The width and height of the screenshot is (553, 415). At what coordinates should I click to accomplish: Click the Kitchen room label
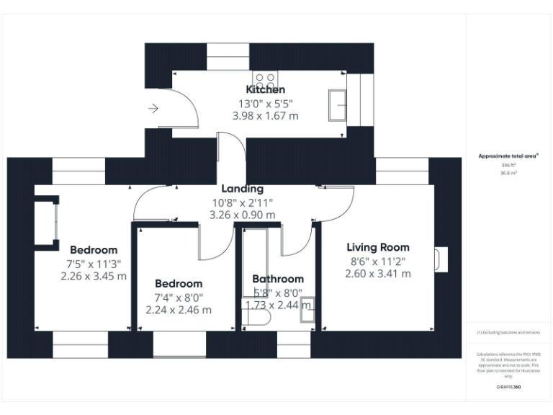tap(266, 89)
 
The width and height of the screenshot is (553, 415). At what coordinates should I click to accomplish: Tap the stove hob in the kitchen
tap(264, 79)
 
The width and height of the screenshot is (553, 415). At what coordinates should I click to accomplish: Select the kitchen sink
tap(338, 105)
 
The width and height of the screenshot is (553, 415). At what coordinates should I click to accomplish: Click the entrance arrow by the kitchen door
tap(153, 109)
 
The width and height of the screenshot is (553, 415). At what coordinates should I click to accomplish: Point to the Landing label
tap(242, 189)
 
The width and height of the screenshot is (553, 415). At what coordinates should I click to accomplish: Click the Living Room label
tap(378, 247)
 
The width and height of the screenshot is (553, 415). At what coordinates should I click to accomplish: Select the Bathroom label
tap(278, 279)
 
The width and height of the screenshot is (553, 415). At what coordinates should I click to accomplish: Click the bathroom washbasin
tap(307, 309)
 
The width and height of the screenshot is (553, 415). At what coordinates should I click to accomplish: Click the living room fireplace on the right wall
tap(441, 259)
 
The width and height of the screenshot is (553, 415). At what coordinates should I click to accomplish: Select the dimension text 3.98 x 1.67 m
tap(265, 115)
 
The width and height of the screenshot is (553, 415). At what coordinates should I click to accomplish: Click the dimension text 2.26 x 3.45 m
tap(94, 276)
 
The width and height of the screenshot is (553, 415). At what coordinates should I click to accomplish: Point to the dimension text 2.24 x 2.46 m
tap(179, 310)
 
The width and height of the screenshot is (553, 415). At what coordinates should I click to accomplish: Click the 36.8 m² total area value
tap(508, 173)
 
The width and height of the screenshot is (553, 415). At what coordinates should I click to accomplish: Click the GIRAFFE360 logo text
tap(508, 387)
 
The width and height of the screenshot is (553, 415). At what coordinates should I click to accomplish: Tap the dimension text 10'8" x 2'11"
tap(242, 202)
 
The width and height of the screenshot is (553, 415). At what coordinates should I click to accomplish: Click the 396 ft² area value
tap(508, 165)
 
